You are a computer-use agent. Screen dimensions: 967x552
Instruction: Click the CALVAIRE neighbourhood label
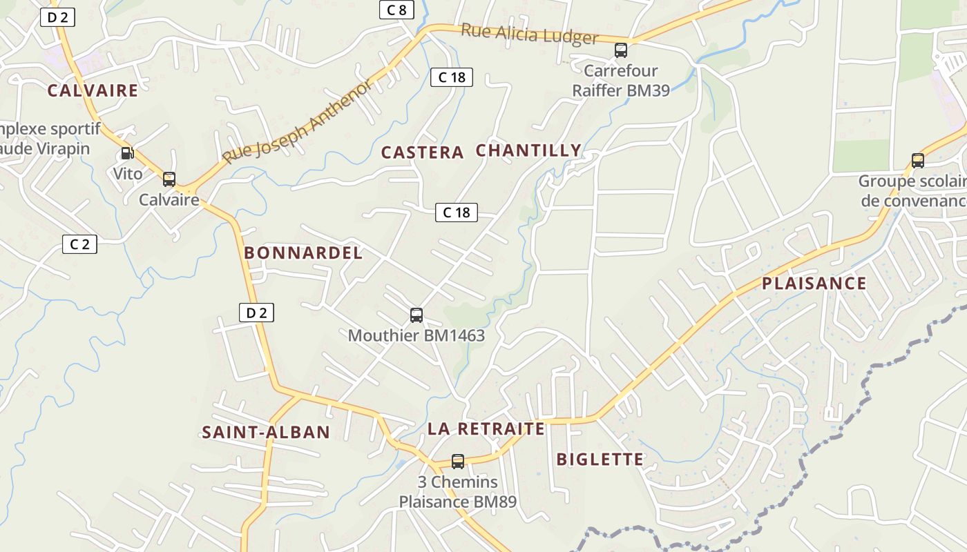(x=93, y=90)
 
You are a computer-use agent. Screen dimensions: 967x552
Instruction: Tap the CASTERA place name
(x=422, y=152)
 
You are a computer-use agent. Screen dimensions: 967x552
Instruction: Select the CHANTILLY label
(x=528, y=150)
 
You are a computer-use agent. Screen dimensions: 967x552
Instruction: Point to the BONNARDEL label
(x=303, y=253)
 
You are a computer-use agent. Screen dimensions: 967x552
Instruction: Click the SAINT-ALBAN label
(x=266, y=433)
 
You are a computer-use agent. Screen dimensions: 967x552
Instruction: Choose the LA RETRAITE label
(x=486, y=429)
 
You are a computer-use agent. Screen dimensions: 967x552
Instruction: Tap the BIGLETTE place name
(x=600, y=460)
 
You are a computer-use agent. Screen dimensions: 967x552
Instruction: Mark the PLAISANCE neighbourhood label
(x=814, y=284)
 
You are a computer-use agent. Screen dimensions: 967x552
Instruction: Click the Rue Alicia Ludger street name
(x=529, y=34)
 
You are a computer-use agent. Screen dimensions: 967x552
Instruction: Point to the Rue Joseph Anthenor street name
(x=298, y=122)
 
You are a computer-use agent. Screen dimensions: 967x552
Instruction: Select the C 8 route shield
(x=396, y=10)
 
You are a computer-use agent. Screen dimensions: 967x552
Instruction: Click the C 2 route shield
(x=79, y=244)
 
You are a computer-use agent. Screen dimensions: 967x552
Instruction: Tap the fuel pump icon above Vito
(x=127, y=153)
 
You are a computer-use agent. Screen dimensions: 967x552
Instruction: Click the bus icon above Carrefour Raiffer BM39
(x=621, y=50)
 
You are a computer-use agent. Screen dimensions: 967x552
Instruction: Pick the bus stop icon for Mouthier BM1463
(x=417, y=315)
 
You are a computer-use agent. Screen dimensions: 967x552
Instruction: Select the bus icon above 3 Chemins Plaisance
(x=458, y=462)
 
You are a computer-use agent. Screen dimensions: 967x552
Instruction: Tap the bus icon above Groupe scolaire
(x=918, y=161)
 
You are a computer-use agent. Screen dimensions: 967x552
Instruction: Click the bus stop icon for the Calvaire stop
(x=169, y=179)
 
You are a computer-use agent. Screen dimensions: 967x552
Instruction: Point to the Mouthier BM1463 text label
(x=417, y=336)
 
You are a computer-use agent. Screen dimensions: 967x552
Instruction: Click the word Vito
(x=128, y=173)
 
